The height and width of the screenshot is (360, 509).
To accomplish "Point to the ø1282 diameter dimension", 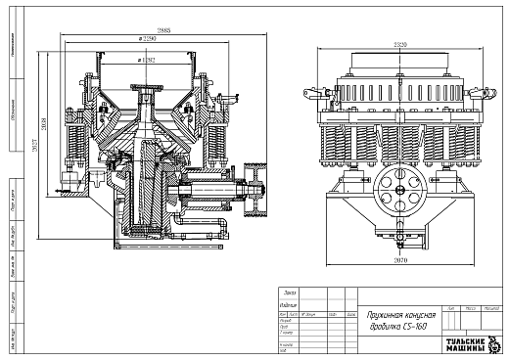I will pos(149,60).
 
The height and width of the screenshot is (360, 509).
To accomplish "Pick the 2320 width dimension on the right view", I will pos(396,45).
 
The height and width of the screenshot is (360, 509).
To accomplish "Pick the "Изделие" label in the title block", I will pos(290,304).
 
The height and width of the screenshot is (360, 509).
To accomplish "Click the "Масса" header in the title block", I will pos(471,308).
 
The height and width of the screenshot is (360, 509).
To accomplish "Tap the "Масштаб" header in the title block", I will pos(493,308).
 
